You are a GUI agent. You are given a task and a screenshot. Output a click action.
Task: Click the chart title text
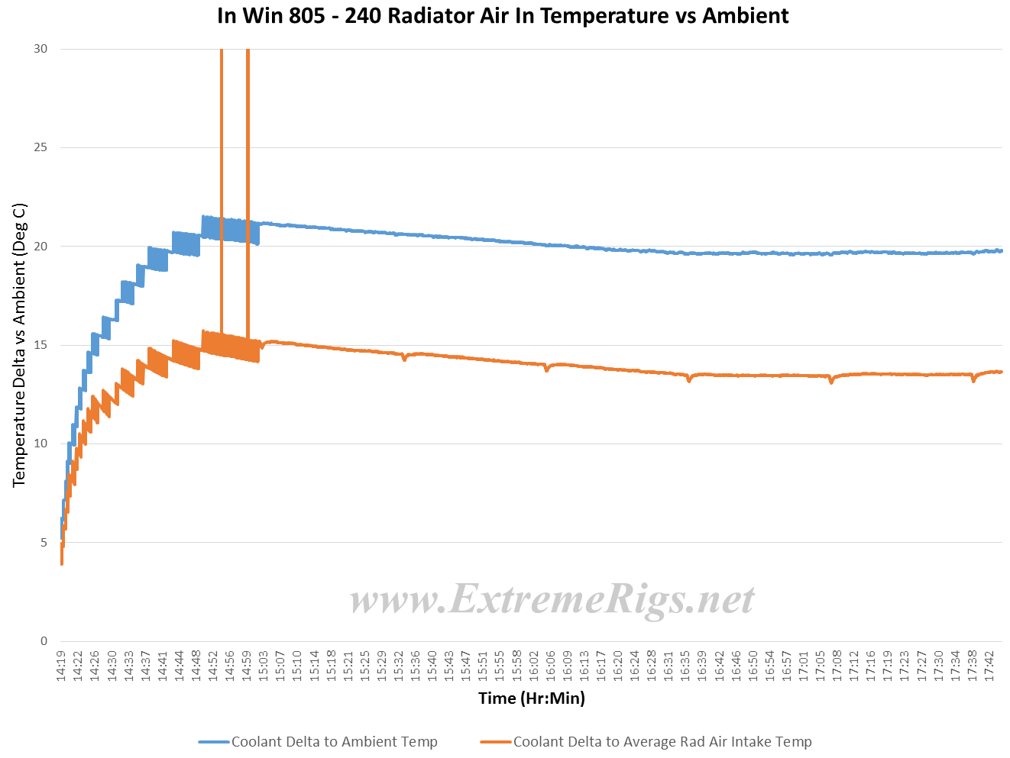tap(503, 16)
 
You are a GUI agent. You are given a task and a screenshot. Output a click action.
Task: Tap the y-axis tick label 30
tap(40, 49)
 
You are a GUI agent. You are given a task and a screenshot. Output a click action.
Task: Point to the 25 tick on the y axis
tap(40, 147)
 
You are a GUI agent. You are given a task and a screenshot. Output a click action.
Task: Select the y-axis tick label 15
tap(40, 345)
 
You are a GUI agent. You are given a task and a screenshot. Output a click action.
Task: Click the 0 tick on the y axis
tap(44, 641)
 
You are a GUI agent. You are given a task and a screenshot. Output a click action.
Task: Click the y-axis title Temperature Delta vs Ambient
tap(20, 345)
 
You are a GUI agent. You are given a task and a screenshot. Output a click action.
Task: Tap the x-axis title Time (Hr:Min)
tap(531, 698)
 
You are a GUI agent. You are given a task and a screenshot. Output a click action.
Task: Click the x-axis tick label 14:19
tap(61, 666)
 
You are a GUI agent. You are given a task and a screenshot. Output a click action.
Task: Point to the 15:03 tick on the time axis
tap(264, 666)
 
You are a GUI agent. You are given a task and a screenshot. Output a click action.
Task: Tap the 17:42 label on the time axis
tap(990, 666)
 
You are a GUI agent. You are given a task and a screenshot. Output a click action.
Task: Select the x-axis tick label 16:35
tap(686, 666)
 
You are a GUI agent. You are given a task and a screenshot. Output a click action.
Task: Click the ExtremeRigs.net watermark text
tap(552, 600)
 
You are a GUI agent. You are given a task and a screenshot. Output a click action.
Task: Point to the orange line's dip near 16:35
tap(688, 379)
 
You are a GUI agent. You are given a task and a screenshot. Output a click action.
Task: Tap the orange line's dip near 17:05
tap(831, 381)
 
